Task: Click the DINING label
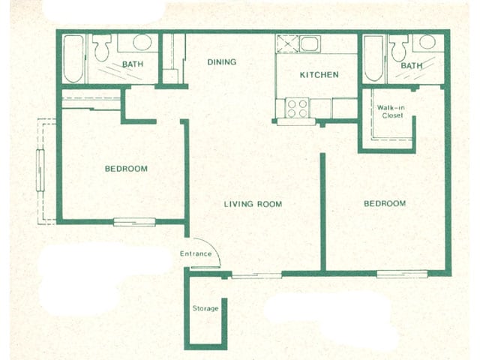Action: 222,62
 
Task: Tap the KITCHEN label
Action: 319,75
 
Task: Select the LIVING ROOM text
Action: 253,204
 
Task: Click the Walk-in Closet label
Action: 391,112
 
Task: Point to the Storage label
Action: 205,308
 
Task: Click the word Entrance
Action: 196,253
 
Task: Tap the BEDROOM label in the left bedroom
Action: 126,169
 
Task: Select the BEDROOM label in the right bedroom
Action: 385,203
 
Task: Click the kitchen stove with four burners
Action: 297,108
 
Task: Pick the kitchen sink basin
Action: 310,43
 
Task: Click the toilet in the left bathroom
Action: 102,47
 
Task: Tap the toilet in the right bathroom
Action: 399,48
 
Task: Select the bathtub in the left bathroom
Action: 73,58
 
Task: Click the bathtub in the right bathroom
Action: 373,58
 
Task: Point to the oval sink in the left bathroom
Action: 142,42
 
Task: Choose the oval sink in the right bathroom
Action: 427,42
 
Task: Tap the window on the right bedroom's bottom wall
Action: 402,274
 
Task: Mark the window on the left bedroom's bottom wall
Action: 134,222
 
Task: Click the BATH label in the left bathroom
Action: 133,64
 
